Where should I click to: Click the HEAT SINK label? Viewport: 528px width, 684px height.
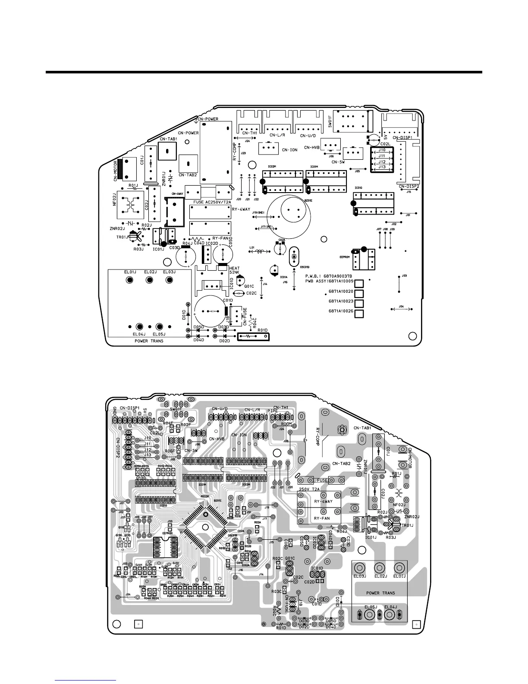pyautogui.click(x=234, y=270)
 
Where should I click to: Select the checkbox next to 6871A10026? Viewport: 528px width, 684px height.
pyautogui.click(x=358, y=313)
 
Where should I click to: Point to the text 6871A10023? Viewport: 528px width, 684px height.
pyautogui.click(x=341, y=301)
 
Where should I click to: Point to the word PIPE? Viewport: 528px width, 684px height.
pyautogui.click(x=272, y=411)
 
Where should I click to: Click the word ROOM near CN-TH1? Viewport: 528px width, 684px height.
pyautogui.click(x=280, y=424)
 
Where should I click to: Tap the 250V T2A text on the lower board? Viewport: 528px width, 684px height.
pyautogui.click(x=309, y=488)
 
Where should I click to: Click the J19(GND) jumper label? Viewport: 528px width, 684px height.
pyautogui.click(x=258, y=212)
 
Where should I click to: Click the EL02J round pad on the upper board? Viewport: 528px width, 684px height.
pyautogui.click(x=150, y=280)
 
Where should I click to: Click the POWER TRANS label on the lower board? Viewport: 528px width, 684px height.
pyautogui.click(x=380, y=593)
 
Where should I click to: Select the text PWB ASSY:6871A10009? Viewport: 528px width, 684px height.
pyautogui.click(x=329, y=282)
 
